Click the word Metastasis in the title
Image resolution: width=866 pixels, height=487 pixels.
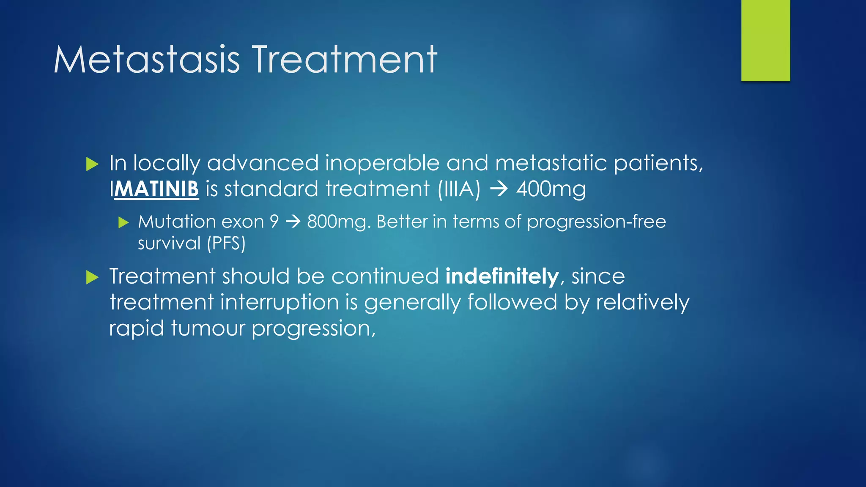[x=147, y=60]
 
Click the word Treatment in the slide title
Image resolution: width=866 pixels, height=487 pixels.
[x=345, y=60]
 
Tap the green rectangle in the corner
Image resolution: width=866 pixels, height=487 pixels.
[x=765, y=40]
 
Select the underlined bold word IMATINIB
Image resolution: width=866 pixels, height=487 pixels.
[x=154, y=189]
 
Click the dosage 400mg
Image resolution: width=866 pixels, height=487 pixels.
[x=551, y=189]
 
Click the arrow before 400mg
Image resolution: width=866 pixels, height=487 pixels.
[x=499, y=189]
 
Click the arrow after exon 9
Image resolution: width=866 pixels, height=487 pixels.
[x=293, y=222]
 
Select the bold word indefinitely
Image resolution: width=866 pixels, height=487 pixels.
[x=502, y=276]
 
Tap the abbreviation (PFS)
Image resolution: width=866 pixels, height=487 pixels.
[x=226, y=244]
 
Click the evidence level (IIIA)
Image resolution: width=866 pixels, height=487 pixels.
[x=459, y=189]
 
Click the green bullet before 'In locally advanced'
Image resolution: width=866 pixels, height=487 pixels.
[x=92, y=164]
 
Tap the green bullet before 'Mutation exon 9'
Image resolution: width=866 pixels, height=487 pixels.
[x=123, y=222]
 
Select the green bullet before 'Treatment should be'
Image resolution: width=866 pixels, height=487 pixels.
[x=92, y=277]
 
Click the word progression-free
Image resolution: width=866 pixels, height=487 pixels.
[x=596, y=222]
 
